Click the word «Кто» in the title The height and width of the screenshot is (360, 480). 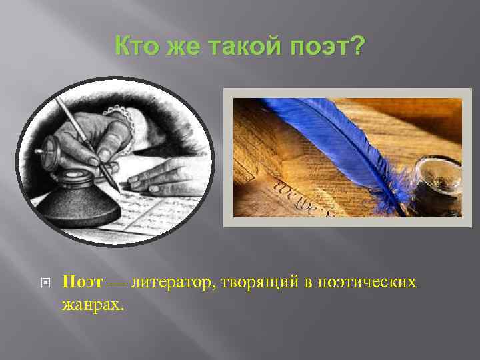pyautogui.click(x=137, y=47)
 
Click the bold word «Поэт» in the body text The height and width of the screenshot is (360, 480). pyautogui.click(x=83, y=283)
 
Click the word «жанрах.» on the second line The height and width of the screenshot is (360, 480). pyautogui.click(x=93, y=304)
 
